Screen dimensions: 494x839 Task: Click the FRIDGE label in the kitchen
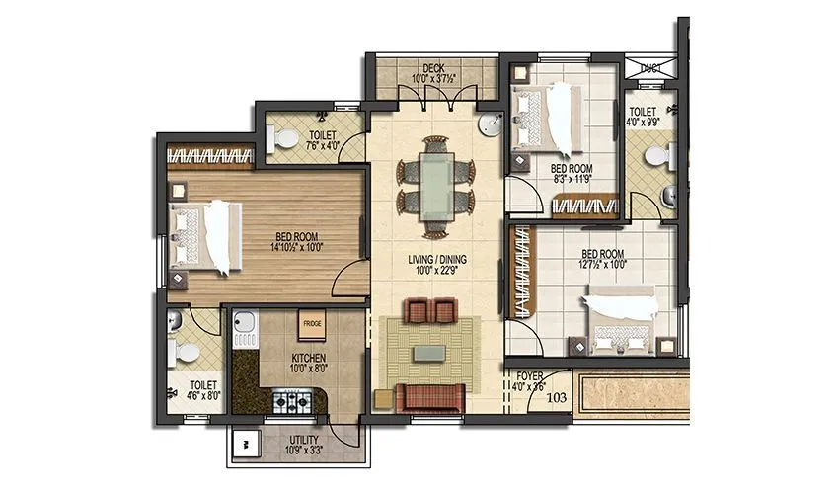pyautogui.click(x=313, y=323)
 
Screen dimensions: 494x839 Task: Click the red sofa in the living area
pyautogui.click(x=430, y=396)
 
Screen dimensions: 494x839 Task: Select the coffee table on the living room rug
pyautogui.click(x=429, y=352)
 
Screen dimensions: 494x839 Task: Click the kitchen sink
pyautogui.click(x=245, y=325)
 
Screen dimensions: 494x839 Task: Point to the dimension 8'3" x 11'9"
pyautogui.click(x=570, y=181)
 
